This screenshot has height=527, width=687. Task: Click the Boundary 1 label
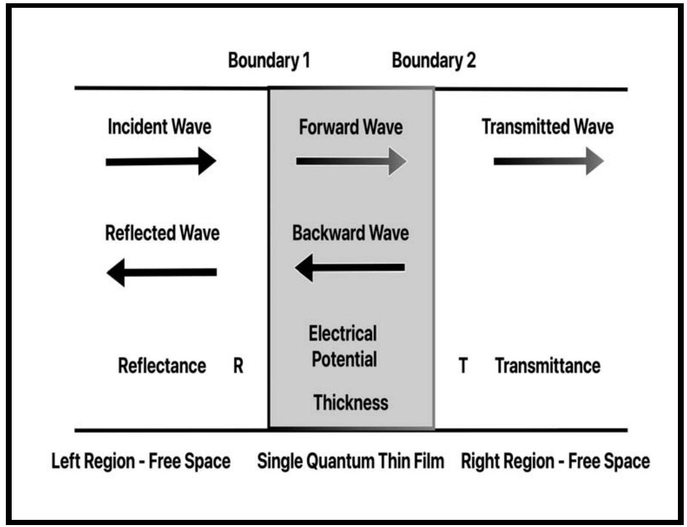(269, 61)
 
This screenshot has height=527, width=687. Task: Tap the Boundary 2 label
(434, 61)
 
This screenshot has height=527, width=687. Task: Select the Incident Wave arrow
(160, 161)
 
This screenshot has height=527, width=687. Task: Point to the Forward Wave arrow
(351, 161)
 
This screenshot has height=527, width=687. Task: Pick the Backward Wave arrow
(350, 267)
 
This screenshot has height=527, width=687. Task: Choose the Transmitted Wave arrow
(549, 161)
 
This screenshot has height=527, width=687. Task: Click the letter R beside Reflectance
(238, 366)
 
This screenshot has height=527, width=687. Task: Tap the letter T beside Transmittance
(464, 366)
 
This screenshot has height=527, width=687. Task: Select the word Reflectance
(162, 366)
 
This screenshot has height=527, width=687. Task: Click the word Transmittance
(547, 366)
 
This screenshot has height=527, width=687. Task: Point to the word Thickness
(351, 403)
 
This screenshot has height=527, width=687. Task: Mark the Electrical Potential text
(343, 347)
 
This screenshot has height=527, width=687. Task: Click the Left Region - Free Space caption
(141, 462)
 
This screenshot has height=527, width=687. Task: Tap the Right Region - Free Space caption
(555, 462)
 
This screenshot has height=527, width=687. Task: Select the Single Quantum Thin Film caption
(351, 462)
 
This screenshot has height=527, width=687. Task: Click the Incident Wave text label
(159, 127)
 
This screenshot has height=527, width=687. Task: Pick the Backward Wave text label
(351, 233)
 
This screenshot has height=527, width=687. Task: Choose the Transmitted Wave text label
(547, 127)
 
